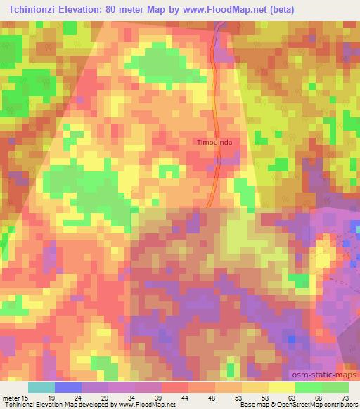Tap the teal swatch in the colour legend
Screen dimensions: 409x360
coord(41,387)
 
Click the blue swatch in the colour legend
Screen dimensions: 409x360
coord(67,387)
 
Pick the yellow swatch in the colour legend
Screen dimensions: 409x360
coord(282,387)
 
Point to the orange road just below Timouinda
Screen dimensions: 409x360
coord(214,176)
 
